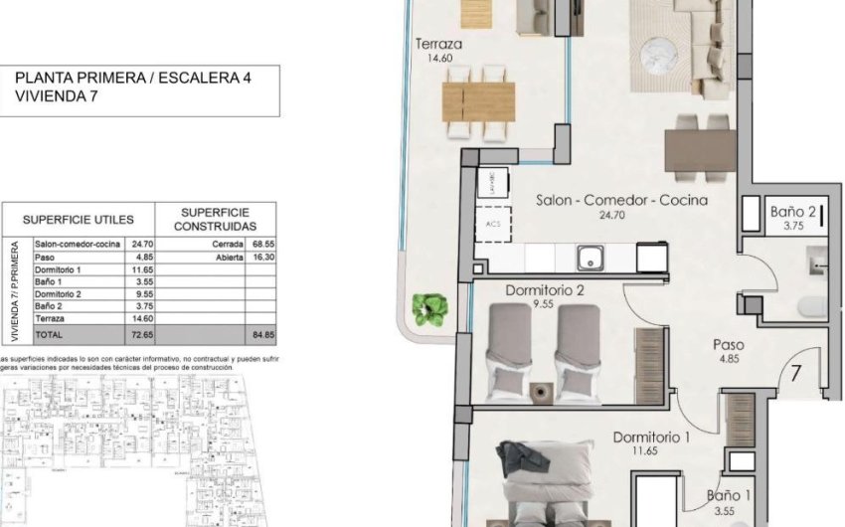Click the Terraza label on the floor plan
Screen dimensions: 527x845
439,45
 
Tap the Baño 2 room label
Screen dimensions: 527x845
793,211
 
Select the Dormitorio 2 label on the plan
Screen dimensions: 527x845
543,291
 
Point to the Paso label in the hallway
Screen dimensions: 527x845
729,345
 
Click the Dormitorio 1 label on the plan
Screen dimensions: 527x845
651,437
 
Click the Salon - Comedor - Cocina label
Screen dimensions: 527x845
621,200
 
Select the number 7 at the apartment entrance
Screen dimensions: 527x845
796,375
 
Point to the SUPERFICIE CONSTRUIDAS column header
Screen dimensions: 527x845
215,219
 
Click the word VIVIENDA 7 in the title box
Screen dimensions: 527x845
51,96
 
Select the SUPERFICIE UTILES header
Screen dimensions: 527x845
79,219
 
